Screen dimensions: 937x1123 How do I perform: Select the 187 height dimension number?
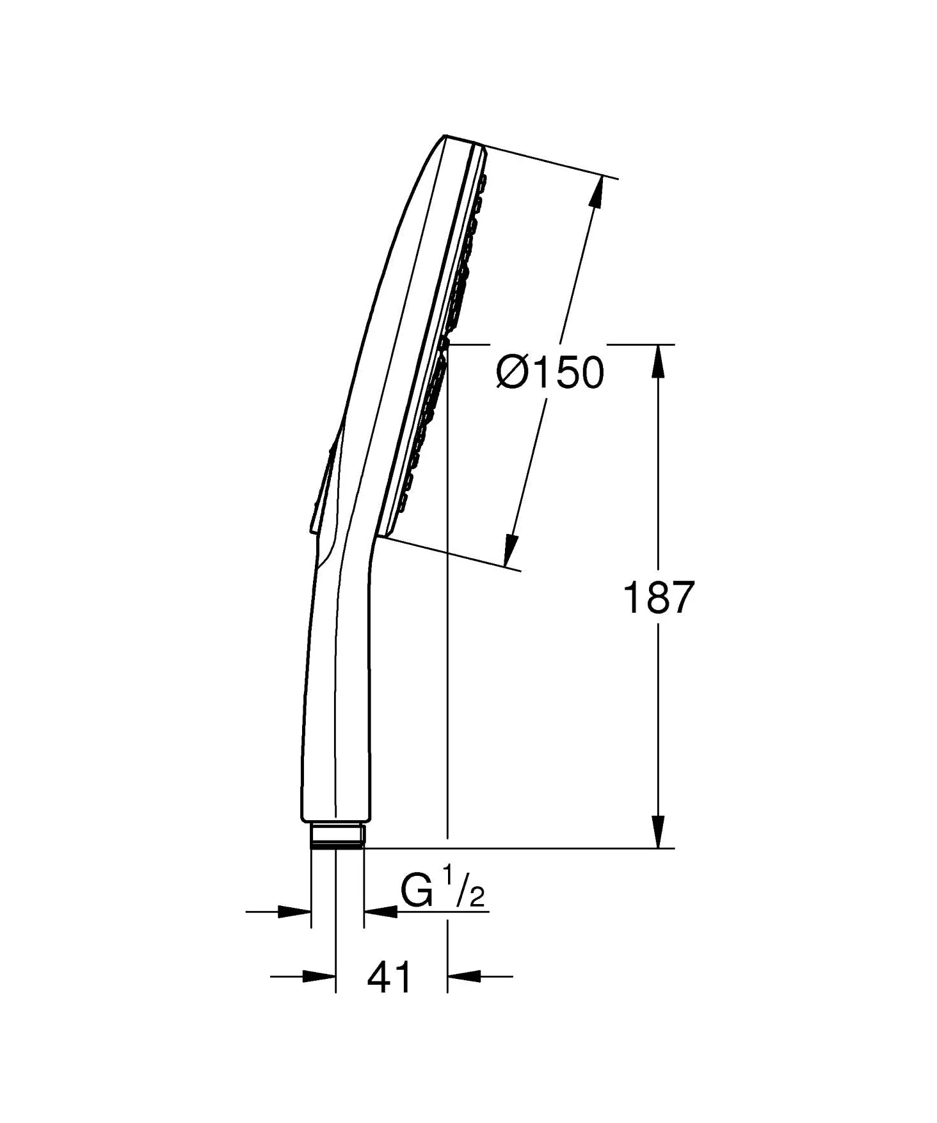[x=658, y=598]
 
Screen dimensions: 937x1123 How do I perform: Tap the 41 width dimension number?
[x=390, y=978]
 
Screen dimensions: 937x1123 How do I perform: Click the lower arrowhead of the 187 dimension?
[x=658, y=832]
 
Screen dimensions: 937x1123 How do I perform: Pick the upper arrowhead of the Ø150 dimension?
[x=597, y=190]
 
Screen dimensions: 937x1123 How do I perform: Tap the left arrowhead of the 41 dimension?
[x=319, y=976]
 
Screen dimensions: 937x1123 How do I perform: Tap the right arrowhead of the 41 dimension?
[x=464, y=976]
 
